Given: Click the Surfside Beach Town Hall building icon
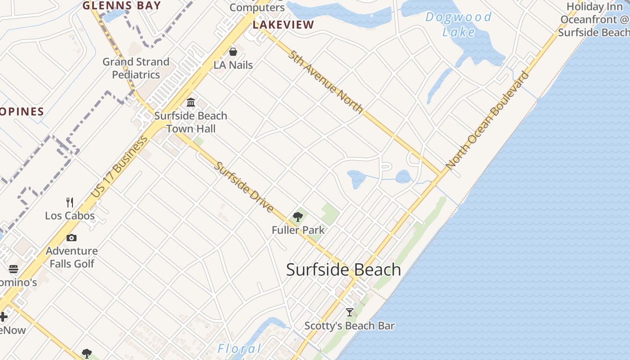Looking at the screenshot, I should click(x=191, y=103).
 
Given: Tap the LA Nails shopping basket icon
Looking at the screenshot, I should click(x=233, y=52).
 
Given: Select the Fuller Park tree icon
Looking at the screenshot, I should click(x=297, y=217).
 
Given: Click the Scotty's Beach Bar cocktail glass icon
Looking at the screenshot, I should click(x=350, y=312).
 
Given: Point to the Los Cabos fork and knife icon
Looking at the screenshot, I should click(x=70, y=202).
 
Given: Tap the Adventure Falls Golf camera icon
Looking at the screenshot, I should click(x=72, y=238).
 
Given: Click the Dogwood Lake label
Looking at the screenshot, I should click(x=458, y=24).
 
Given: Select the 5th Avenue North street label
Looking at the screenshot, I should click(x=326, y=81).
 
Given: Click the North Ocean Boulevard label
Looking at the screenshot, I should click(x=487, y=121).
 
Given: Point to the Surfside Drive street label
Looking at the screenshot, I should click(x=243, y=187).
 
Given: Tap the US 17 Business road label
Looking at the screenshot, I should click(x=119, y=167).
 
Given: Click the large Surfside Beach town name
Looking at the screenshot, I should click(x=343, y=270).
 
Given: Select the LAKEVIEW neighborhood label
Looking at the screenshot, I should click(x=283, y=25).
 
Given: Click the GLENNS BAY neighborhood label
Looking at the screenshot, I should click(x=121, y=5).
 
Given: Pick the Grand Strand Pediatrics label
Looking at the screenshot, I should click(x=136, y=68).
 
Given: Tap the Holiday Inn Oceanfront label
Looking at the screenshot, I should click(x=594, y=19).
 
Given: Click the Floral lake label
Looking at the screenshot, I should click(x=239, y=349).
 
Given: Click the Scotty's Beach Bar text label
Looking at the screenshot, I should click(x=350, y=326).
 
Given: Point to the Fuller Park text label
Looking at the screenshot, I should click(x=298, y=230).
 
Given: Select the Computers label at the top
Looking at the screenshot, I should click(x=257, y=7).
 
